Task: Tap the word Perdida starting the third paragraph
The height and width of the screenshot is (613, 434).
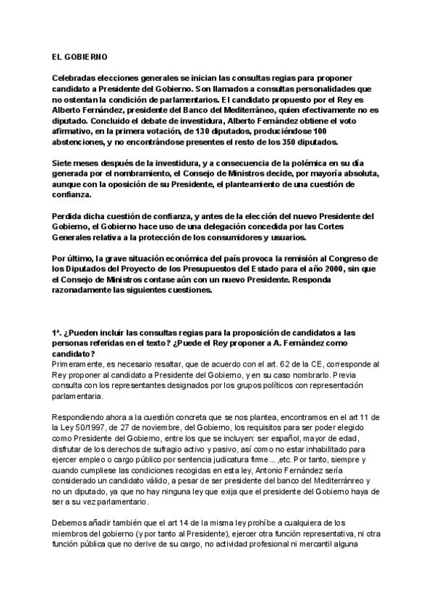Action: point(67,215)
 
